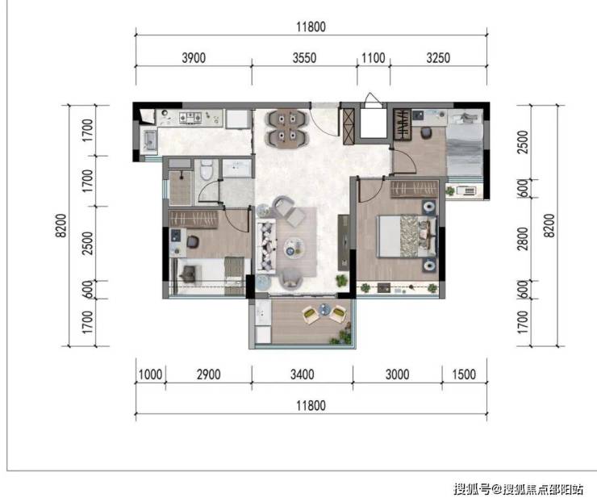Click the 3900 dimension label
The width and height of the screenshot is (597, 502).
[194, 58]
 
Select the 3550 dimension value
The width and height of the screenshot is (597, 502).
[304, 58]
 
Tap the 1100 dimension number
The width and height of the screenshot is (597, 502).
[373, 58]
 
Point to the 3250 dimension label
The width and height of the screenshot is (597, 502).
[438, 58]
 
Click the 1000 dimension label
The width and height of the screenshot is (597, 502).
[150, 374]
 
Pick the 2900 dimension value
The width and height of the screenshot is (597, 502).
[209, 374]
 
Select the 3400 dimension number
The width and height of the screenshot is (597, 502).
[303, 374]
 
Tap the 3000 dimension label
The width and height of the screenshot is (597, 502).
[397, 374]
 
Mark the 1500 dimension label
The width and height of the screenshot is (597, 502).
[464, 374]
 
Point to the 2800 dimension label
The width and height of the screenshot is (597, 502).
[523, 239]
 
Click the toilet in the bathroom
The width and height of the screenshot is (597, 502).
[206, 169]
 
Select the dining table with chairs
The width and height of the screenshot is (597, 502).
[287, 128]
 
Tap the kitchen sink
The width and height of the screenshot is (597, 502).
[149, 140]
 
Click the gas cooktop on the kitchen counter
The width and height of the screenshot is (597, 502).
[190, 117]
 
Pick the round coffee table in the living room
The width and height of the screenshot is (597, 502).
[294, 247]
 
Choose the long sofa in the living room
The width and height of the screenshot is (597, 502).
[266, 246]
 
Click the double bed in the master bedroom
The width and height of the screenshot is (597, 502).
[407, 236]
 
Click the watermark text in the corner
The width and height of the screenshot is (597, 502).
[518, 488]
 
